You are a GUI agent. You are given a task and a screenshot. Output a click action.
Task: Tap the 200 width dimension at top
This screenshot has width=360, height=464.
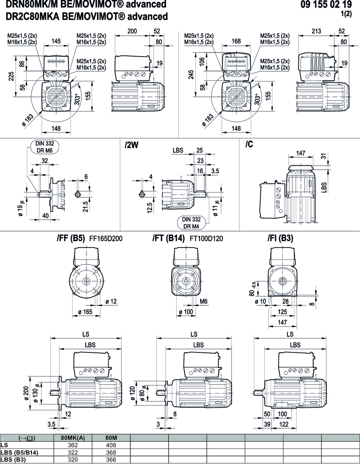(x=133, y=31)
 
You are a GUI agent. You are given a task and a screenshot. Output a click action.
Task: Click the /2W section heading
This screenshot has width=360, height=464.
(x=132, y=145)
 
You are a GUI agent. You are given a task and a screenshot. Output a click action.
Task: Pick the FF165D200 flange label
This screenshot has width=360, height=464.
(x=107, y=239)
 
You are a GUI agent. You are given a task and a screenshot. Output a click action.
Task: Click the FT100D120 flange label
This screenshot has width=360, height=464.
(x=206, y=239)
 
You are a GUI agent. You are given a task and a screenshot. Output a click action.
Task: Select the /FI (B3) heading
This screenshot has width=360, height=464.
(x=280, y=239)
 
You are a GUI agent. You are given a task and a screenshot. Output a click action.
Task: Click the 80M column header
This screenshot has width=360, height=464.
(x=111, y=438)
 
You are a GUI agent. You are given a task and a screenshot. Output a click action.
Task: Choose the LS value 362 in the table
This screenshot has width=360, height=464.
(x=73, y=445)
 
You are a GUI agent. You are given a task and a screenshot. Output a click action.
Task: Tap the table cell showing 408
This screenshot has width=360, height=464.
(x=111, y=445)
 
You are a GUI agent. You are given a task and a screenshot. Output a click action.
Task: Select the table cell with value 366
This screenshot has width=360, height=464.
(x=111, y=459)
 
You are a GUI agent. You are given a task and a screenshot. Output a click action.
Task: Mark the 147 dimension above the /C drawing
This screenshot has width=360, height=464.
(x=301, y=154)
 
